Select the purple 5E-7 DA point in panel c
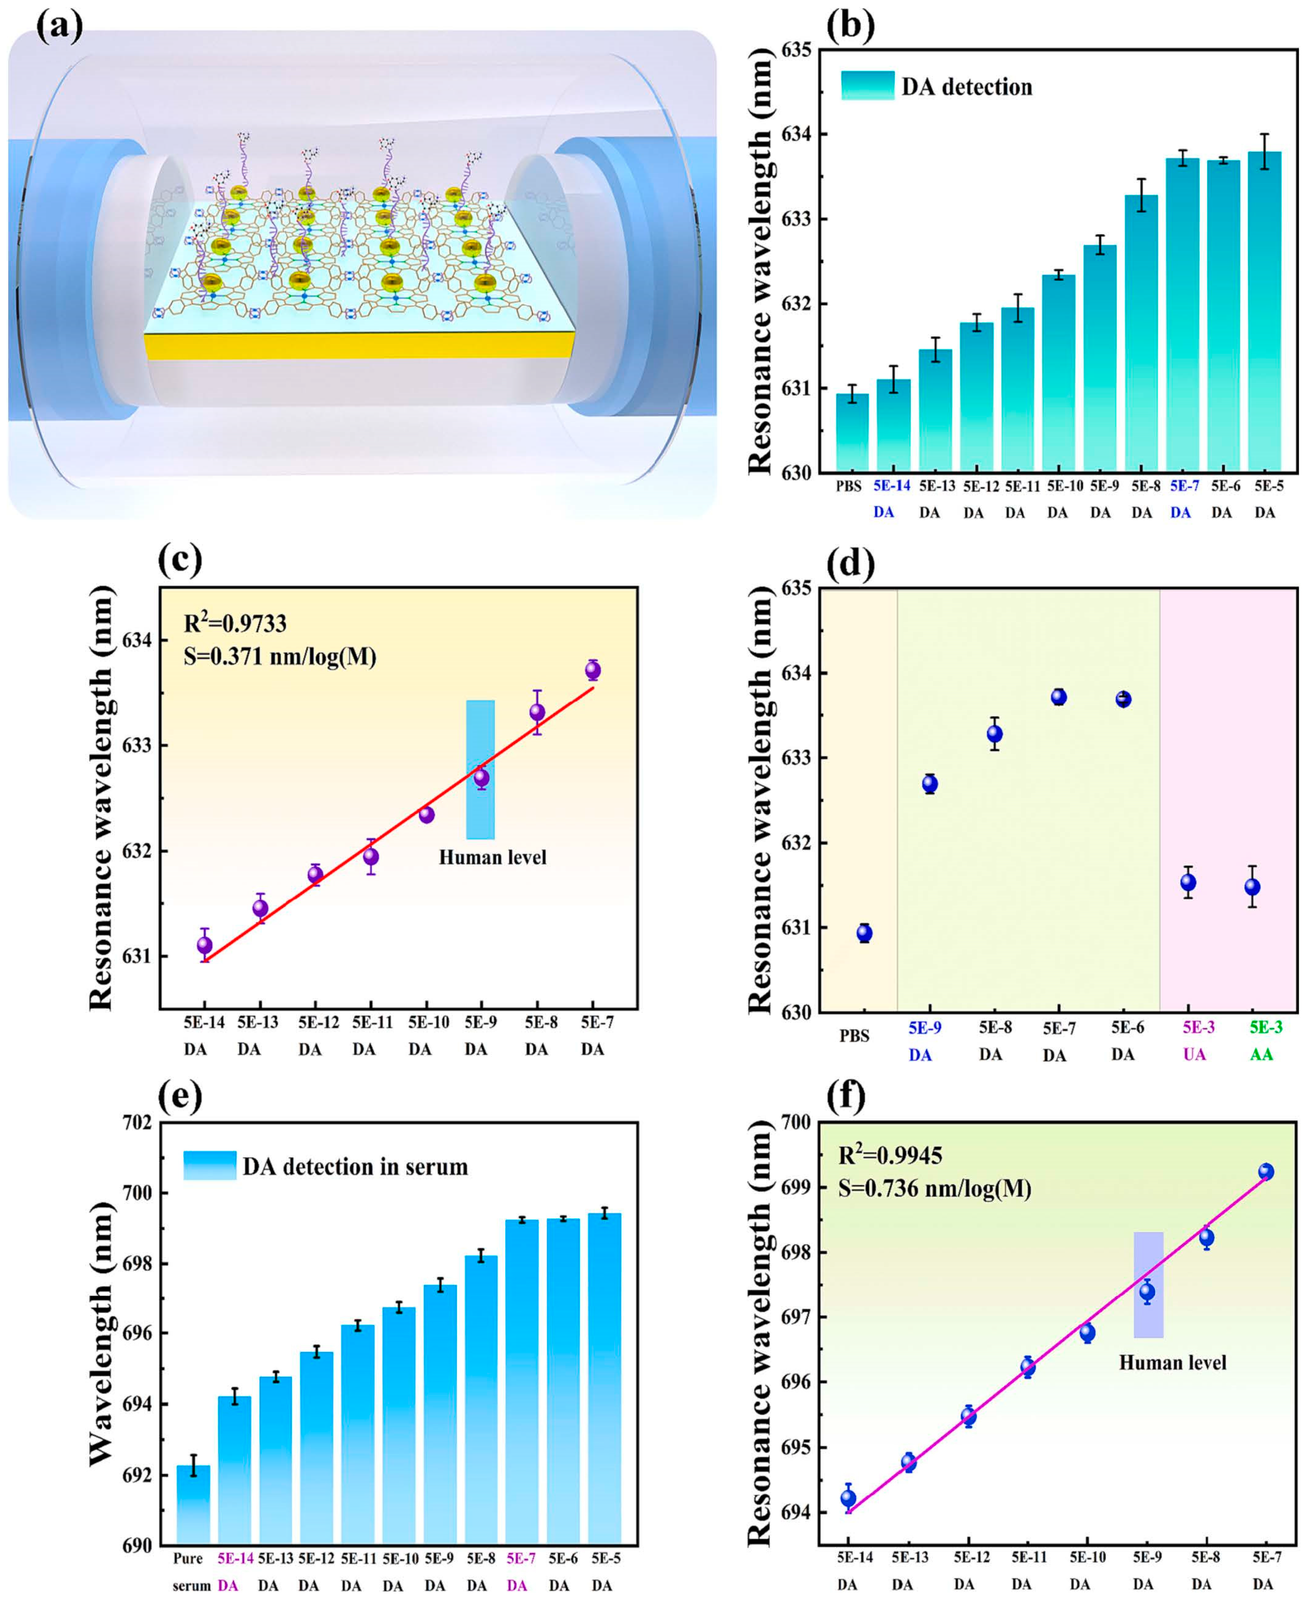point(592,670)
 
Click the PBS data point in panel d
point(864,933)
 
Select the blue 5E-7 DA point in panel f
point(1266,1172)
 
